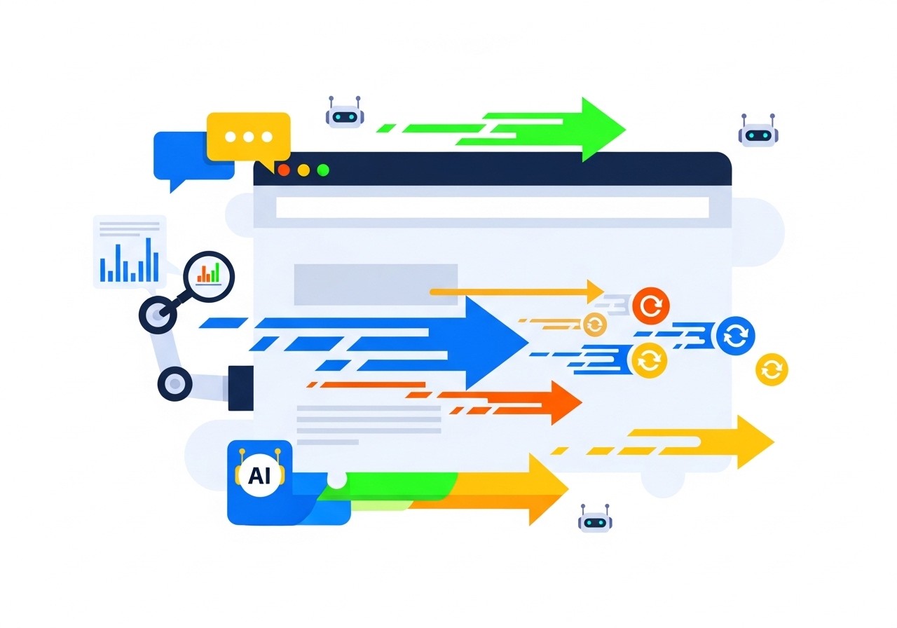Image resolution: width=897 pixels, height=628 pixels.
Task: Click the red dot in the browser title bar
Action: pyautogui.click(x=284, y=170)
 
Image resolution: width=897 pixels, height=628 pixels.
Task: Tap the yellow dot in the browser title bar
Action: pyautogui.click(x=303, y=170)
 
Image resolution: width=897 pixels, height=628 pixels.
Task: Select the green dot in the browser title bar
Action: pyautogui.click(x=323, y=170)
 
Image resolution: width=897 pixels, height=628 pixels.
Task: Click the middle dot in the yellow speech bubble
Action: pyautogui.click(x=249, y=137)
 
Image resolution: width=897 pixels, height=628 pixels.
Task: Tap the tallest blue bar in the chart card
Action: pyautogui.click(x=148, y=259)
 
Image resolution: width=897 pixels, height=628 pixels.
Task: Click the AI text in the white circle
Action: pyautogui.click(x=259, y=476)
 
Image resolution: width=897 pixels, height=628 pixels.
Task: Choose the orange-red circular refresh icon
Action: pyautogui.click(x=650, y=306)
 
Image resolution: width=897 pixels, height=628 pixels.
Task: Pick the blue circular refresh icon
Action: pyautogui.click(x=735, y=336)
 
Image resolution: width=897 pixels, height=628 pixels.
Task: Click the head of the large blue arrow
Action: pyautogui.click(x=498, y=342)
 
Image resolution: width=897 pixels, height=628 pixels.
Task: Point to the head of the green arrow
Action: pyautogui.click(x=600, y=129)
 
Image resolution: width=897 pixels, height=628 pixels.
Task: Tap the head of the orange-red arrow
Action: pyautogui.click(x=564, y=402)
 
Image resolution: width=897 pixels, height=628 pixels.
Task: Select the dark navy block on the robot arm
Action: pyautogui.click(x=240, y=387)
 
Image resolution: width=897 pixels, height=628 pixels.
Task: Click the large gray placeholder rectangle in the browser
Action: pyautogui.click(x=376, y=285)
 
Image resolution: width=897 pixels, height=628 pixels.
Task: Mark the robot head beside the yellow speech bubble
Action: pyautogui.click(x=345, y=114)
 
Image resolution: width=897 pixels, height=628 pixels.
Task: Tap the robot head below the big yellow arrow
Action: pyautogui.click(x=595, y=520)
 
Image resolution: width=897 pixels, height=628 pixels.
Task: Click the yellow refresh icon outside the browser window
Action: pyautogui.click(x=772, y=369)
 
